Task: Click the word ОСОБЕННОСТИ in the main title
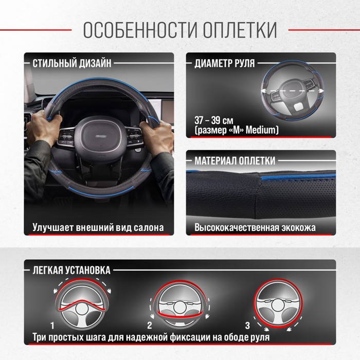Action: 140,30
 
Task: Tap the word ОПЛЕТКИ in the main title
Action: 240,30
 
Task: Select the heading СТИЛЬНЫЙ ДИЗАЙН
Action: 72,63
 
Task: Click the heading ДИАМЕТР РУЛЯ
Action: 225,63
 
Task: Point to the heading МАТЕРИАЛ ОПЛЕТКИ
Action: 235,160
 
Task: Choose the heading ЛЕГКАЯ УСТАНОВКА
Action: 71,270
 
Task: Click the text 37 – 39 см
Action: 214,120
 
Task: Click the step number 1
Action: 52,326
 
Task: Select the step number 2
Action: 150,326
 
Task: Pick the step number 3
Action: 247,326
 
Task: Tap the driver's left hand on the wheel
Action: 43,124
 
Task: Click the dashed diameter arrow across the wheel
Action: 292,91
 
